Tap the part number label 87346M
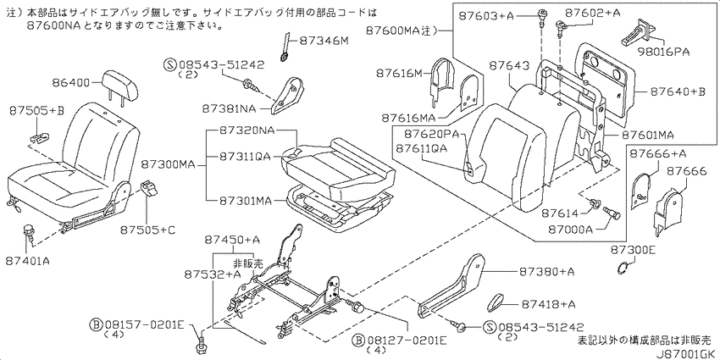pyautogui.click(x=324, y=42)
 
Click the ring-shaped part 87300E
pyautogui.click(x=623, y=266)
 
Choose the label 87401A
pyautogui.click(x=28, y=261)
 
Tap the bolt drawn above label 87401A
pyautogui.click(x=30, y=232)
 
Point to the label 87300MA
pyautogui.click(x=169, y=163)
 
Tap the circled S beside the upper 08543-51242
pyautogui.click(x=169, y=65)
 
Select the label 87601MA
pyautogui.click(x=647, y=136)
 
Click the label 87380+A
pyautogui.click(x=547, y=272)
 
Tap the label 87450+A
pyautogui.click(x=233, y=240)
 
